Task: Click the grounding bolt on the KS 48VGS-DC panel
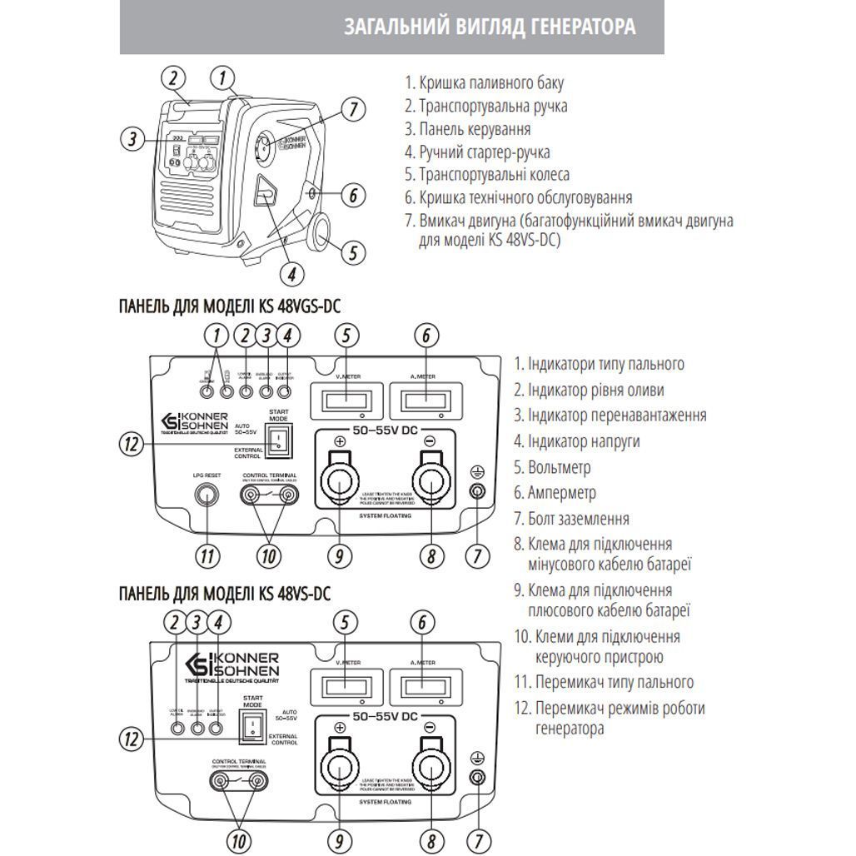476,491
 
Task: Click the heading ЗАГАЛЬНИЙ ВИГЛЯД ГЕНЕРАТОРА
490,27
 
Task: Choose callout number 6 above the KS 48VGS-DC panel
426,336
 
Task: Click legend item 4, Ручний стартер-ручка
477,152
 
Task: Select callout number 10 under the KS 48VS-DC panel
239,839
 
